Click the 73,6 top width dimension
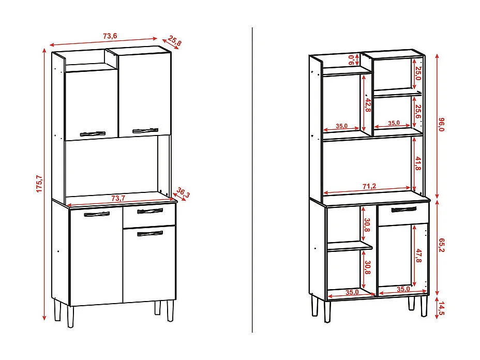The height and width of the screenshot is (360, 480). pos(110,36)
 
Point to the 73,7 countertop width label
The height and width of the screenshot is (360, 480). pos(118,198)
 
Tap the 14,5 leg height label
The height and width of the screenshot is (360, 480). pos(441,308)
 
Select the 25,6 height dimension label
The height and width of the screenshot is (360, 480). pos(418,111)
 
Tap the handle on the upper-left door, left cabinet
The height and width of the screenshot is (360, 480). pos(95,132)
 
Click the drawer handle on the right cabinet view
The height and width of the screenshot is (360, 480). pos(404,209)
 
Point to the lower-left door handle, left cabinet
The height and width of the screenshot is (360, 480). pos(97,214)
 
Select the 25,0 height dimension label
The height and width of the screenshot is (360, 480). pos(418,76)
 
